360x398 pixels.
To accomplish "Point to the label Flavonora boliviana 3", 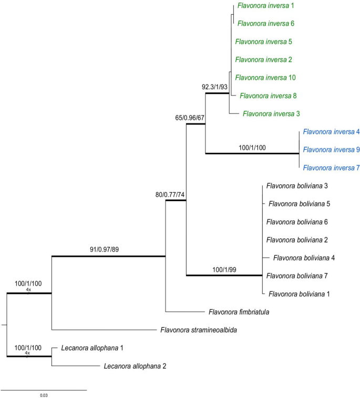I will tap(297, 186).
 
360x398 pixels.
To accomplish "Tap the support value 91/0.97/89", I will tap(109, 250).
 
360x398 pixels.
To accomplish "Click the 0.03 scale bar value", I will tap(44, 395).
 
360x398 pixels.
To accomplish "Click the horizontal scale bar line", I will tap(44, 390).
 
